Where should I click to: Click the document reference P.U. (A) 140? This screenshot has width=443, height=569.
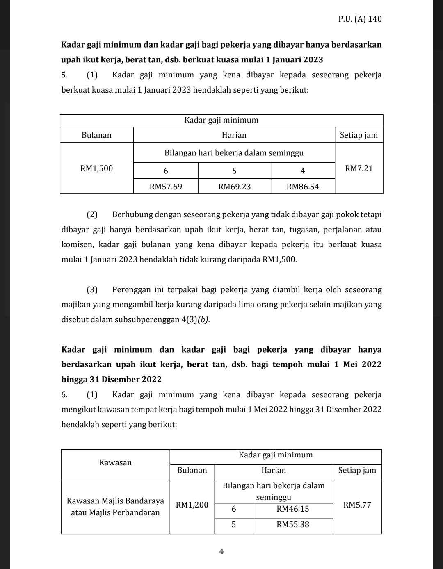pyautogui.click(x=360, y=19)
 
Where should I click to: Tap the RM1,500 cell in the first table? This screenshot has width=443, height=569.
pyautogui.click(x=96, y=168)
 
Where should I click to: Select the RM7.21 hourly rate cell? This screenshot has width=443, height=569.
pyautogui.click(x=359, y=168)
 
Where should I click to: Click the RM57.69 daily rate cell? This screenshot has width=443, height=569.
pyautogui.click(x=166, y=187)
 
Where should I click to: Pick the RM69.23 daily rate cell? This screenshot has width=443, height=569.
pyautogui.click(x=234, y=187)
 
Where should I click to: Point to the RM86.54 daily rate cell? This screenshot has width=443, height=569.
pyautogui.click(x=303, y=187)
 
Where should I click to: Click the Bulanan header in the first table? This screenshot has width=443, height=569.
pyautogui.click(x=96, y=135)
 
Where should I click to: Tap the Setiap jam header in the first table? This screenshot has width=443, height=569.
pyautogui.click(x=359, y=135)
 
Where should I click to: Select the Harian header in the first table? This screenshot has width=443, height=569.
pyautogui.click(x=234, y=135)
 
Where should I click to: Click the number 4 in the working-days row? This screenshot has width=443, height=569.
pyautogui.click(x=303, y=171)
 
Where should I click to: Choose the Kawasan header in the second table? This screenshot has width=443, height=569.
pyautogui.click(x=115, y=462)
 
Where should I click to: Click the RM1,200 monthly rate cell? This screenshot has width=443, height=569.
pyautogui.click(x=192, y=505)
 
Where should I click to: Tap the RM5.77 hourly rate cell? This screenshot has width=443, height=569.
pyautogui.click(x=357, y=505)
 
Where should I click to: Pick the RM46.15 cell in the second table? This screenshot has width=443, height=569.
pyautogui.click(x=293, y=509)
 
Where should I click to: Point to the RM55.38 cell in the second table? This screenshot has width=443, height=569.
pyautogui.click(x=293, y=524)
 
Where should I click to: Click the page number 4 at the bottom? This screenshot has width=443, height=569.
pyautogui.click(x=221, y=551)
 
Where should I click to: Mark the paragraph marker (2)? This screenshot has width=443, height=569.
pyautogui.click(x=92, y=214)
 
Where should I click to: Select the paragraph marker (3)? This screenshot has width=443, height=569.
pyautogui.click(x=92, y=290)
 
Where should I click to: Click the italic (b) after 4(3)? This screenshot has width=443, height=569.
pyautogui.click(x=203, y=320)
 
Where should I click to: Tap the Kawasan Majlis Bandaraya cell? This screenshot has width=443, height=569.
pyautogui.click(x=115, y=507)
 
